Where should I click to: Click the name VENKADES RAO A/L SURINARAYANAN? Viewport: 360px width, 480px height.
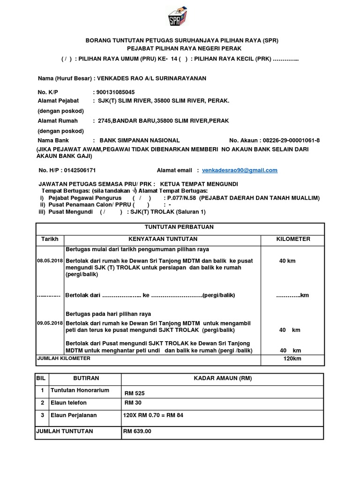(151, 78)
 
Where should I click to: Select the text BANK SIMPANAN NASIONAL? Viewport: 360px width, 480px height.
(136, 141)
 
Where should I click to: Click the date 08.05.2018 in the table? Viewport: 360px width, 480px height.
(50, 260)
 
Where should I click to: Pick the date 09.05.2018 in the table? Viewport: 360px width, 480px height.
(50, 323)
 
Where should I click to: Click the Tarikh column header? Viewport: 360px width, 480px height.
(50, 239)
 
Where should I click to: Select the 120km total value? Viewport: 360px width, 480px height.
(292, 359)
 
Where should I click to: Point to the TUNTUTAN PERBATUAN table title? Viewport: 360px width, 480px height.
(180, 227)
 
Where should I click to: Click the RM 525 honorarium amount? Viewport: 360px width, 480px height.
(134, 392)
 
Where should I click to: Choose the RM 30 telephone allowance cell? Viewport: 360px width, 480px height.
(133, 403)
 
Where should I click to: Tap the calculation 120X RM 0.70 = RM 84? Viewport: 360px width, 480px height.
(153, 415)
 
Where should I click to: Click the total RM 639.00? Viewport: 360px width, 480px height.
(137, 431)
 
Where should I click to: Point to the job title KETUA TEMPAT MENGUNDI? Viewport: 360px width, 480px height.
(199, 183)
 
